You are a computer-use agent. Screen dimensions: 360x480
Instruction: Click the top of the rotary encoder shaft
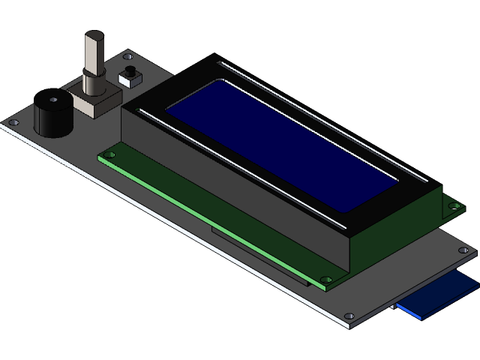94,35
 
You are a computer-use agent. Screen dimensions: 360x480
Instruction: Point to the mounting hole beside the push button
127,55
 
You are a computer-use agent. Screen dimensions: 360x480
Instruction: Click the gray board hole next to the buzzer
14,121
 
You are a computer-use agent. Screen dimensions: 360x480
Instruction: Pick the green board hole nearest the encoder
109,154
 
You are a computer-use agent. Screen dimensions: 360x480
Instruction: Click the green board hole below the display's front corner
327,281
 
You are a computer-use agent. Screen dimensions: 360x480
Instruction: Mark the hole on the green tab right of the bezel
452,205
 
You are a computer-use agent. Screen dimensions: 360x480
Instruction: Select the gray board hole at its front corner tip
349,316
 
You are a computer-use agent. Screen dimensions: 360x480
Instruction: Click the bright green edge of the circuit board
210,220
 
